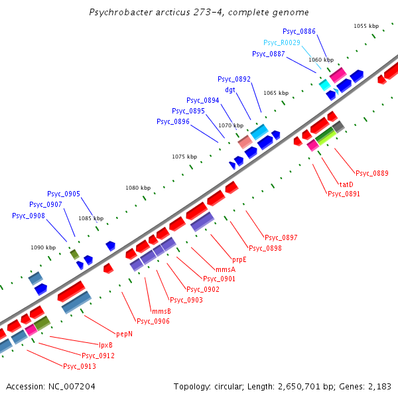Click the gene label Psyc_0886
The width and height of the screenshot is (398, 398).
point(298,31)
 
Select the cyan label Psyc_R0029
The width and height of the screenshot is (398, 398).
point(281,42)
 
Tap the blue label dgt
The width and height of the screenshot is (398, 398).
point(230,90)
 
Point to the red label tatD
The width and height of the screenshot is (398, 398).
point(346,184)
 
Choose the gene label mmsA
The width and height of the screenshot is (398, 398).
point(226,269)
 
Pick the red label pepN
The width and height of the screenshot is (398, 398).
point(125,334)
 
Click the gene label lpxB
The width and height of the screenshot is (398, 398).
point(105,345)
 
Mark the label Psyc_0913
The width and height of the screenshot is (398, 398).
point(80,366)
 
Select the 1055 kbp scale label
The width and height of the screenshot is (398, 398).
point(366,26)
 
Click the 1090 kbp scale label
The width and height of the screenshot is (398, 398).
point(43,247)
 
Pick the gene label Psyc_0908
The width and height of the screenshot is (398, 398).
point(29,216)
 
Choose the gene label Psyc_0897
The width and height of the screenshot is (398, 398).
point(281,237)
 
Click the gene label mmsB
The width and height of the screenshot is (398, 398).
point(161,311)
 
